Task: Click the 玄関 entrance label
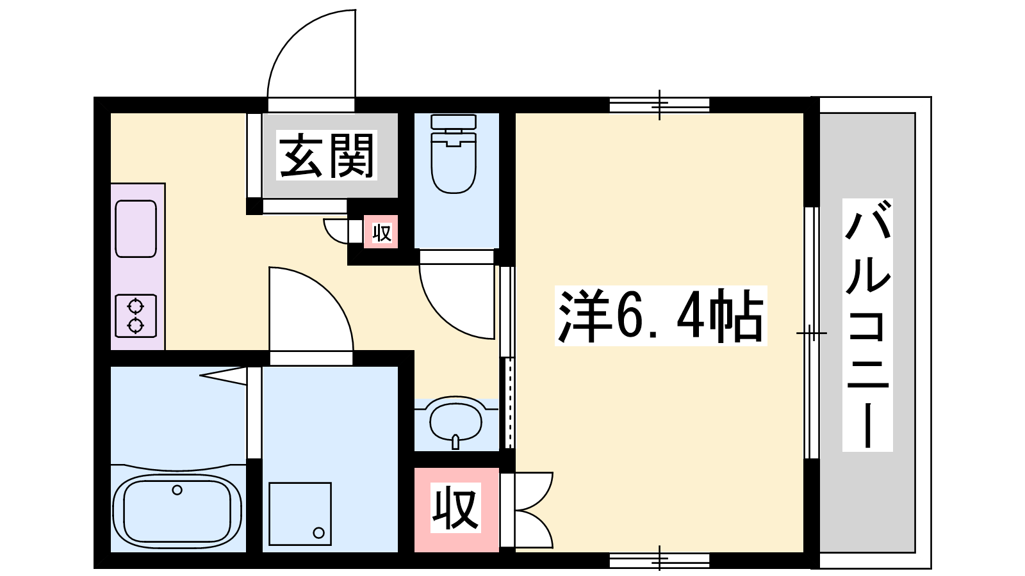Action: click(327, 156)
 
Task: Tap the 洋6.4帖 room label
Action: click(660, 316)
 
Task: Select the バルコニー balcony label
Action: click(867, 325)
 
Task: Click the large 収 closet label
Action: click(455, 508)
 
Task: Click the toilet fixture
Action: click(454, 154)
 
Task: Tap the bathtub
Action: click(177, 508)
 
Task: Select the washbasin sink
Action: click(455, 422)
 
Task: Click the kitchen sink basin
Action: click(136, 228)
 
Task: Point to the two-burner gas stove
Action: click(136, 316)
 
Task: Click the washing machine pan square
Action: click(300, 514)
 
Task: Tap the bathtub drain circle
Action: click(177, 490)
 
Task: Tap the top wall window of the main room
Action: click(659, 105)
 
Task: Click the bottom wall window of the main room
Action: click(659, 561)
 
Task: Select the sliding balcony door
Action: click(812, 333)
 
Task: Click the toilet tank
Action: click(454, 122)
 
